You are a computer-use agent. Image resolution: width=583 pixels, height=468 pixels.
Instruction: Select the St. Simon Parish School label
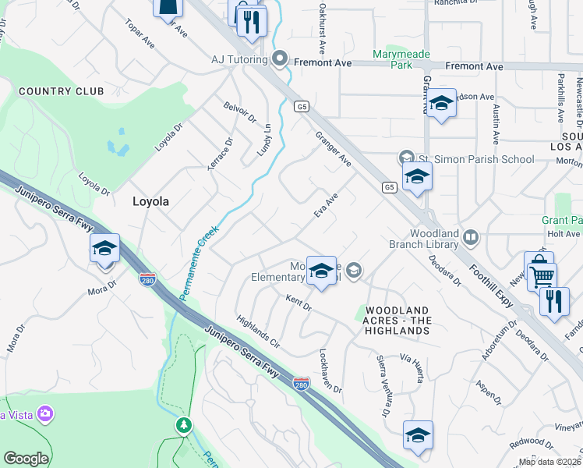tap(475, 160)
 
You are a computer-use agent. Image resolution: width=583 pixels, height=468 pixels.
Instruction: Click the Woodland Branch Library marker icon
tap(470, 236)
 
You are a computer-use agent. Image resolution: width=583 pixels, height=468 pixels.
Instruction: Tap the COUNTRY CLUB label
tap(61, 91)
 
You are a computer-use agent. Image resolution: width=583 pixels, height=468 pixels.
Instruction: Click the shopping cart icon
tap(542, 275)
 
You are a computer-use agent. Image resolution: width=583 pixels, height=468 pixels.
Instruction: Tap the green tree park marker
tap(184, 425)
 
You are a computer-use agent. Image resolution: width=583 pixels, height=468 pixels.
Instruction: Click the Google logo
tap(26, 459)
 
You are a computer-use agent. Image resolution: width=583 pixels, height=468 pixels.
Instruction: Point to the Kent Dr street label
tap(299, 303)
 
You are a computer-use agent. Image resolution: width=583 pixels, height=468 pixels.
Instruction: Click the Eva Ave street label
tap(326, 207)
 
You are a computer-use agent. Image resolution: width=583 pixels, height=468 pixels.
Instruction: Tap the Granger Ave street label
tap(334, 148)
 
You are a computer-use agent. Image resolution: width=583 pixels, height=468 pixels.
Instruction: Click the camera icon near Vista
tap(46, 413)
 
